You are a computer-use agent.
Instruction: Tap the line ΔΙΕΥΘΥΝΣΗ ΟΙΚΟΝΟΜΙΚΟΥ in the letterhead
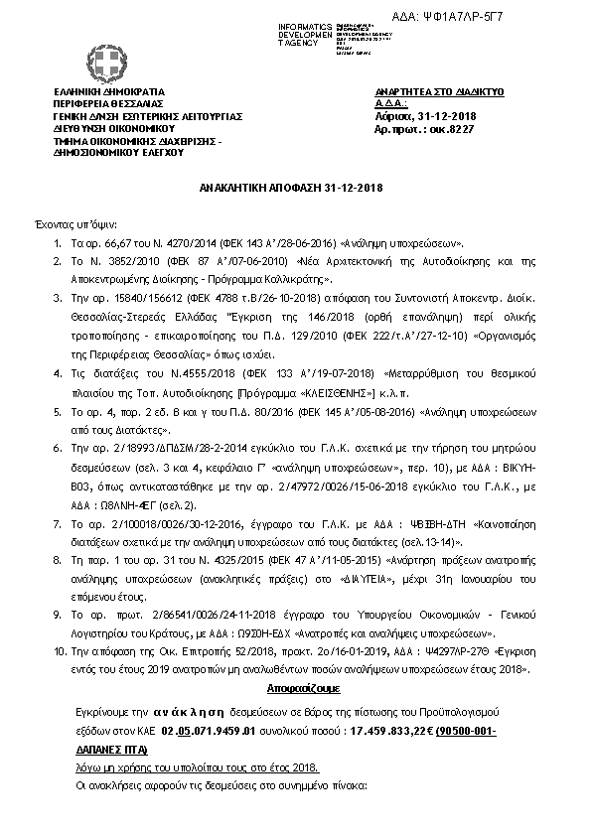click(x=114, y=128)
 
